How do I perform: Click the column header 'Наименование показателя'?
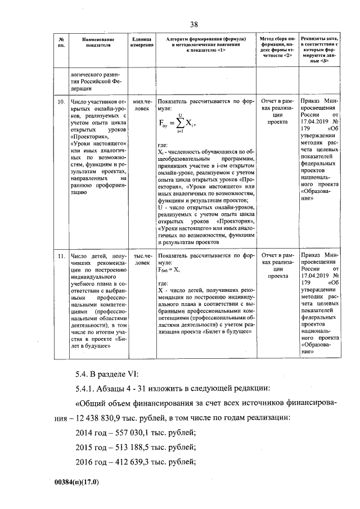click(97, 43)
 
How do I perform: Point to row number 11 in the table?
click(61, 256)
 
